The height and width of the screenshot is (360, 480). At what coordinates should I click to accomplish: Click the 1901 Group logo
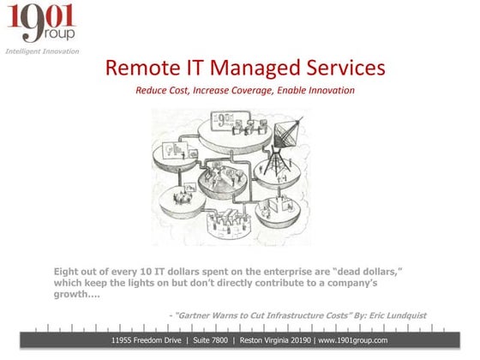40,23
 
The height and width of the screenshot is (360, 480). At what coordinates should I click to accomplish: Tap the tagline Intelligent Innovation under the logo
42,51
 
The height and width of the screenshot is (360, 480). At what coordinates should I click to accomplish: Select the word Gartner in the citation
203,315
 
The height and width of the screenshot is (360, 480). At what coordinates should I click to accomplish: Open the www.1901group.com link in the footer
353,340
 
